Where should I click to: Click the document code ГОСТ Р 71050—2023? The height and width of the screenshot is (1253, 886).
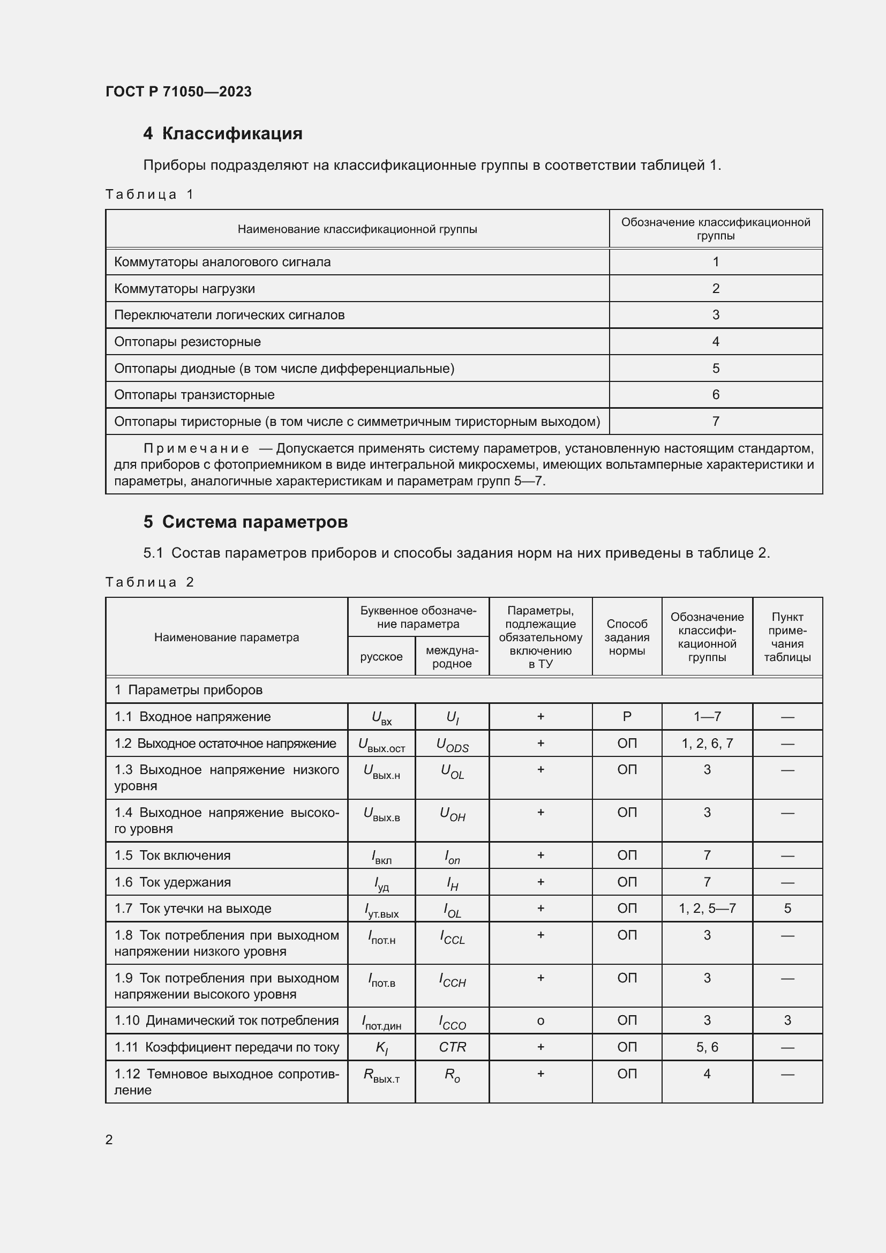tap(178, 92)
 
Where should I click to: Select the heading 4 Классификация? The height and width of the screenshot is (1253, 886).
tap(223, 134)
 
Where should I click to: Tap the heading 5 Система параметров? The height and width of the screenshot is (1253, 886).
tap(245, 522)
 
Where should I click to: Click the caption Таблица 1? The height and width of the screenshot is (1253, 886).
tap(149, 195)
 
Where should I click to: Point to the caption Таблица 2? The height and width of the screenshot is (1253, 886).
tap(149, 582)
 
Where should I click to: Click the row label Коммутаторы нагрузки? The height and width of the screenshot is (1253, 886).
tap(184, 289)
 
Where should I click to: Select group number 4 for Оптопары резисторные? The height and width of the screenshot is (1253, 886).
tap(715, 342)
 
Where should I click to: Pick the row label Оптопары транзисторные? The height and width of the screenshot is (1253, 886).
tap(194, 395)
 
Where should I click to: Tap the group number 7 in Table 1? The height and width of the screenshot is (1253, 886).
tap(715, 421)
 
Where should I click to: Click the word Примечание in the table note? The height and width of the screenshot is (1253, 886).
tap(197, 448)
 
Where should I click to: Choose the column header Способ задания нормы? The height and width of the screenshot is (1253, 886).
tap(626, 637)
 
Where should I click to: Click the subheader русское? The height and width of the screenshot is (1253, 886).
tap(381, 657)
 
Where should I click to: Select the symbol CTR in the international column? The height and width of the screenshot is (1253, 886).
tap(452, 1047)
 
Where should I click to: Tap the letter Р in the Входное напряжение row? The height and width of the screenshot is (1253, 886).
tap(626, 717)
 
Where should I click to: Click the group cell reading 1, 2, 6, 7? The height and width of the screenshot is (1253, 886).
tap(707, 744)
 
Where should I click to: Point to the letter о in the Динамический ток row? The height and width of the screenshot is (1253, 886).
tap(540, 1021)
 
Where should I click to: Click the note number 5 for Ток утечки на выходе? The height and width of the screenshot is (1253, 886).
tap(787, 908)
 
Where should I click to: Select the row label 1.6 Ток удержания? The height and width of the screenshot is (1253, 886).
tap(172, 882)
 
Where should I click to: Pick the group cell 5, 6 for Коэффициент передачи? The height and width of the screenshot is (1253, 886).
tap(707, 1047)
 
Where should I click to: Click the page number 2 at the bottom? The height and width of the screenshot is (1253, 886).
tap(109, 1139)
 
